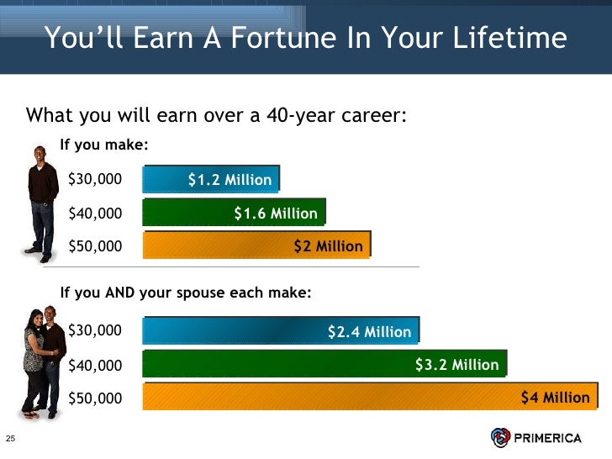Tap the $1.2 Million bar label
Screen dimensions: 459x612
pyautogui.click(x=229, y=179)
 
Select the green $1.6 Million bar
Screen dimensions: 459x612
pyautogui.click(x=233, y=213)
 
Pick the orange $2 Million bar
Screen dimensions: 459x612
pyautogui.click(x=256, y=245)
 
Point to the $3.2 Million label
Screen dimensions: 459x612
pyautogui.click(x=456, y=364)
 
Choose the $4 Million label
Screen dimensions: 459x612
pyautogui.click(x=555, y=398)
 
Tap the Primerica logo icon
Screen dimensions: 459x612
pyautogui.click(x=500, y=437)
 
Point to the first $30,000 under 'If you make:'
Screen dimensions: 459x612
pyautogui.click(x=94, y=179)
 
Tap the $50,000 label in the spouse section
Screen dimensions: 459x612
pyautogui.click(x=94, y=398)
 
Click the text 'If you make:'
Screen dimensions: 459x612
pyautogui.click(x=104, y=145)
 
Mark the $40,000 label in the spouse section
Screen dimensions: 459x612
pyautogui.click(x=94, y=365)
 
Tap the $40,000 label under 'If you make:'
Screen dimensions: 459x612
pyautogui.click(x=94, y=213)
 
